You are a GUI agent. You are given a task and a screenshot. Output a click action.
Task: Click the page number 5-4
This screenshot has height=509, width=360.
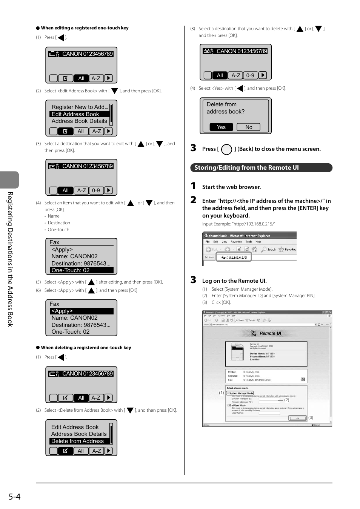(x=15, y=497)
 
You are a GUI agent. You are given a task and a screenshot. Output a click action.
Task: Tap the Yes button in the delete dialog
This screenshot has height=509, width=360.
(x=221, y=127)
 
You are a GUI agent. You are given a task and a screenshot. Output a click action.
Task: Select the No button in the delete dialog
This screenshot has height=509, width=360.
(x=248, y=127)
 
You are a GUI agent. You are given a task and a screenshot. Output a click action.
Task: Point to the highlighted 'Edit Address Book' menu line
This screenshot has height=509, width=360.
(x=79, y=114)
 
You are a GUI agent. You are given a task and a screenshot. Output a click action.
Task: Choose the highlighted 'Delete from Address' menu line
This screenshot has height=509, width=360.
(x=79, y=441)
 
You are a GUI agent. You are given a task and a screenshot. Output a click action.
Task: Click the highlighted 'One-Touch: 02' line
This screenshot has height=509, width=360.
(x=82, y=270)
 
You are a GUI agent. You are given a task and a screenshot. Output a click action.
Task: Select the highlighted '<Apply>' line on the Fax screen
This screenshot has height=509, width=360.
(x=82, y=311)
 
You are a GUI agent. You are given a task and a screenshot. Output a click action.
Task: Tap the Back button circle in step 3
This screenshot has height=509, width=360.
(x=226, y=150)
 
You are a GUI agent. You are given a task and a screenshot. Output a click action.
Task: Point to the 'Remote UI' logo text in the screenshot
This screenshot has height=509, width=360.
(x=270, y=333)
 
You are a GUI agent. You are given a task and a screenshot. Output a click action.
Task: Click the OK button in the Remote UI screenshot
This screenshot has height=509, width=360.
(x=297, y=418)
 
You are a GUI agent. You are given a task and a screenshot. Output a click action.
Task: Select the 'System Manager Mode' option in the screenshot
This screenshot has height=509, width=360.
(x=241, y=393)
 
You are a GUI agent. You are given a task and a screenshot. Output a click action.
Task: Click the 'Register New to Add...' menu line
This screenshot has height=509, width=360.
(x=80, y=107)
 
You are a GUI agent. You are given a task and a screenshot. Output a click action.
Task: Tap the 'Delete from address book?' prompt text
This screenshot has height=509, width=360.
(x=225, y=108)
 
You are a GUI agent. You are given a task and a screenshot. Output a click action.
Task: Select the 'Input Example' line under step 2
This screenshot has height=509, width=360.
(x=238, y=224)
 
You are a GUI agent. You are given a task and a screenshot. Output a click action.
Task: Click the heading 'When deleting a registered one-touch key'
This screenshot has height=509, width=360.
(x=86, y=348)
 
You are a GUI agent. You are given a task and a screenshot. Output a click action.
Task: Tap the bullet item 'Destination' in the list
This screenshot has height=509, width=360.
(x=59, y=223)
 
